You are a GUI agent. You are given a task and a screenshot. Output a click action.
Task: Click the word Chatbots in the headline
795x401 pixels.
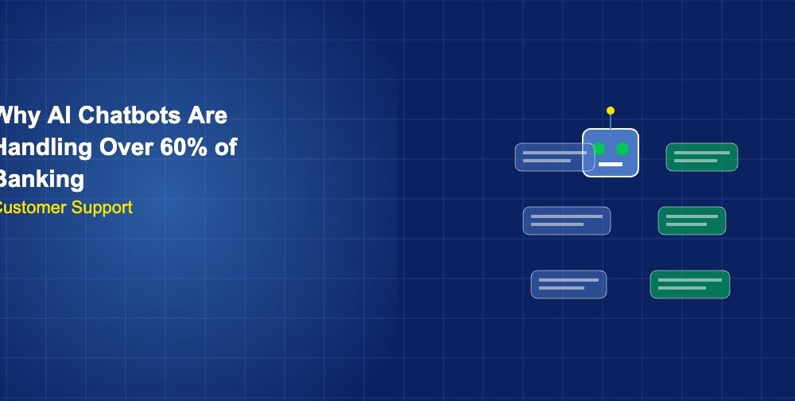[x=119, y=115]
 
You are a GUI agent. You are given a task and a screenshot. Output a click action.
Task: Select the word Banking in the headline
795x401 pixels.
[x=41, y=179]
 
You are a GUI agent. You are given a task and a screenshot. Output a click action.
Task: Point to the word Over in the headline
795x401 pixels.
[x=127, y=147]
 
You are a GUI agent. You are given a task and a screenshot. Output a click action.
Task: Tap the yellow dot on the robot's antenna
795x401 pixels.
[x=611, y=111]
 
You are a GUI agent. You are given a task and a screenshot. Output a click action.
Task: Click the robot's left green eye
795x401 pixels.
[x=599, y=149]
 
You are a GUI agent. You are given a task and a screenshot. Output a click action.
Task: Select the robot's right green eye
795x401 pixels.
[x=622, y=149]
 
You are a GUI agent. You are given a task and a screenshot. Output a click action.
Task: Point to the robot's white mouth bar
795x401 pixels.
[x=611, y=164]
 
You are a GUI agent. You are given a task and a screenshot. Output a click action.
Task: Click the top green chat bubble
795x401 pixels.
[x=701, y=157]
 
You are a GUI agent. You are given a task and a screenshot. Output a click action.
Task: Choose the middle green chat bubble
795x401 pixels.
[x=692, y=220]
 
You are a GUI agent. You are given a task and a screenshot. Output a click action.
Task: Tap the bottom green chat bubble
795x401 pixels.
[x=689, y=284]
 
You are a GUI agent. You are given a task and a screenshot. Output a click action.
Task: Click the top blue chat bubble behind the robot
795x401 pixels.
[x=549, y=157]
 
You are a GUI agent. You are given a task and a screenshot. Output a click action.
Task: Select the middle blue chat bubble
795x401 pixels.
[x=566, y=220]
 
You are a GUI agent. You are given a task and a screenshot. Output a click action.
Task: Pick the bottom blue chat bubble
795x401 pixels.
[x=568, y=284]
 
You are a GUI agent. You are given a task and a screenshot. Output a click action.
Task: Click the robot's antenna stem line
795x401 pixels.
[x=611, y=121]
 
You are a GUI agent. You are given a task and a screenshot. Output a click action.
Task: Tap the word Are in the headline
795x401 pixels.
[x=207, y=115]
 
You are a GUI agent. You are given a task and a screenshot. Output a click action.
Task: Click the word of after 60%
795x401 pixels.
[x=227, y=147]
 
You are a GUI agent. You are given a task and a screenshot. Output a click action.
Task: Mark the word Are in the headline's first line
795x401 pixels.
[x=207, y=115]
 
